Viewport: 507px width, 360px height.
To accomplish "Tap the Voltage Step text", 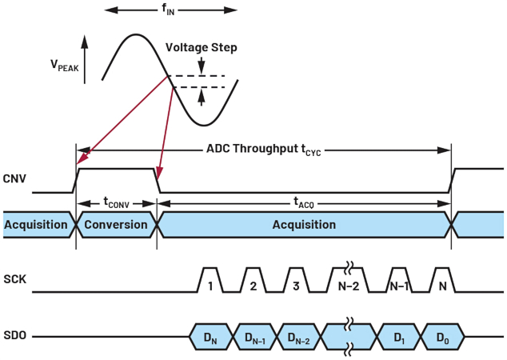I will [202, 47].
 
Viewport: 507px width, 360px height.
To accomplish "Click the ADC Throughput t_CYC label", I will [263, 149].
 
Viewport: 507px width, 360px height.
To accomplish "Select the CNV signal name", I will [15, 179].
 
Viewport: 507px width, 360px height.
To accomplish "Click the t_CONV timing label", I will [116, 204].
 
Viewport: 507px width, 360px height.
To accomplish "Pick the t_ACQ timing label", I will [304, 204].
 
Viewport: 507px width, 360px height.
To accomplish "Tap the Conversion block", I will [116, 225].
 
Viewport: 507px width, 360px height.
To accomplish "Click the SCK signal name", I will [15, 280].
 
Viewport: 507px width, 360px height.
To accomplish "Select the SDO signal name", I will [15, 336].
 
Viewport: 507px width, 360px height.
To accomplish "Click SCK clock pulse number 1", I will [210, 285].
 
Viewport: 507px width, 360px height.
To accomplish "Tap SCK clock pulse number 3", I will [294, 285].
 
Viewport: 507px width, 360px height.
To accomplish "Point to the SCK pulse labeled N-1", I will [401, 285].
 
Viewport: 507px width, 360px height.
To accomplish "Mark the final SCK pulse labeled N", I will [442, 285].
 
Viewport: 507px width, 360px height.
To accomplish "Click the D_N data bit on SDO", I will [211, 337].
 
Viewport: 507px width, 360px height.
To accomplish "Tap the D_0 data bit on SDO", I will [442, 337].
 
